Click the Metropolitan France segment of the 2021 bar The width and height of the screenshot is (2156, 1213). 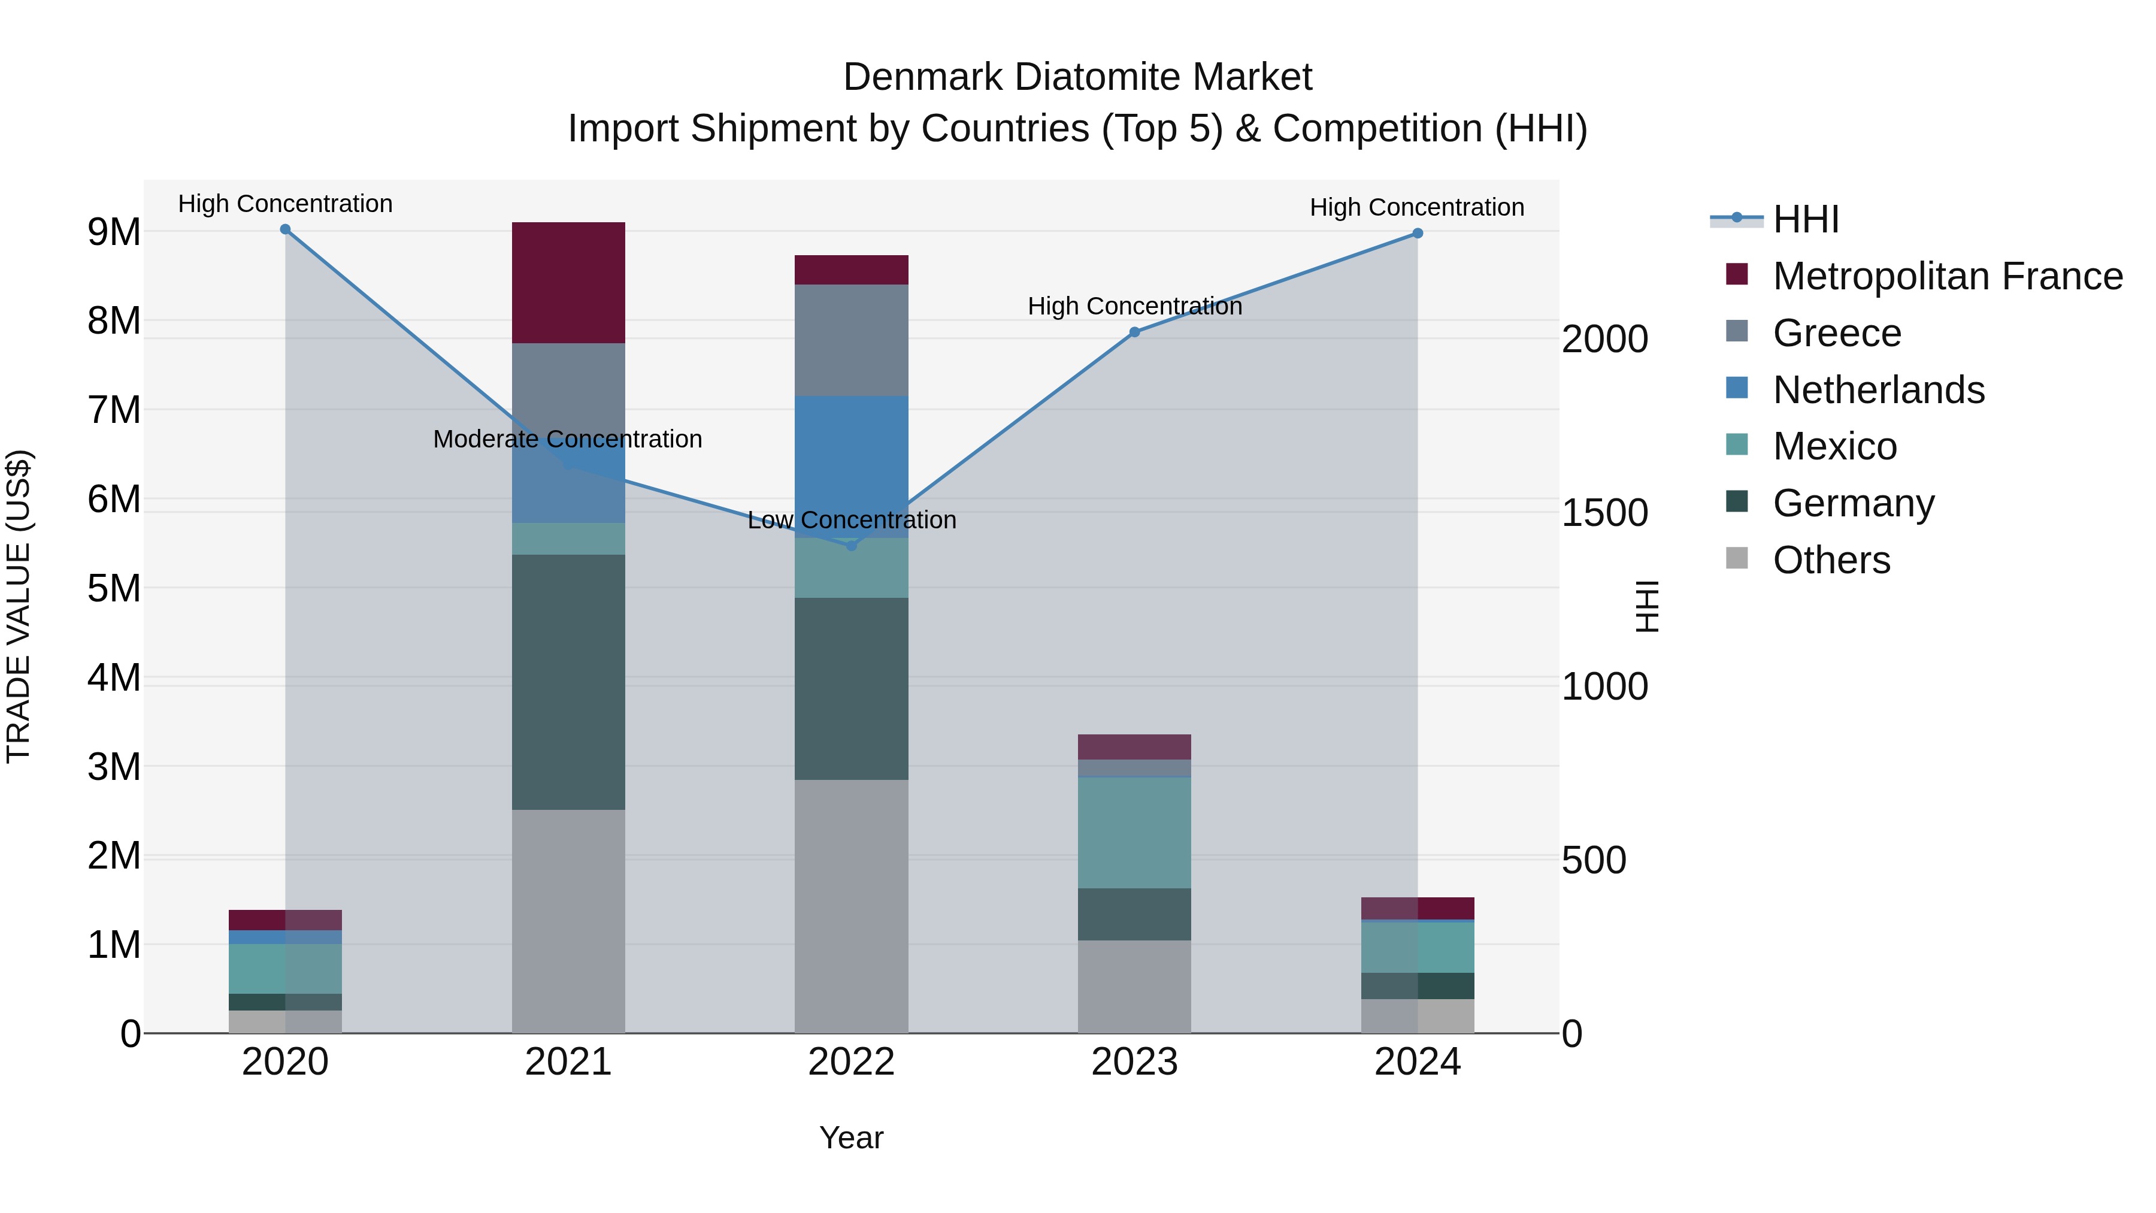coord(568,283)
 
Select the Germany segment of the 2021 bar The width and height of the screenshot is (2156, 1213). coord(568,682)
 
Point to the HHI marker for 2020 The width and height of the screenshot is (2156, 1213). coord(286,229)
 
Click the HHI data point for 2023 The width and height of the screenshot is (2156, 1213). coord(1134,332)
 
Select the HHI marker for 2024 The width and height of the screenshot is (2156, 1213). coord(1417,234)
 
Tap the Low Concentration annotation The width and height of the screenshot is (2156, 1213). coord(851,520)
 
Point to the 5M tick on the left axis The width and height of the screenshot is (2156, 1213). coord(114,588)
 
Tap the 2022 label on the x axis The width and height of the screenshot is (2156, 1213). coord(851,1062)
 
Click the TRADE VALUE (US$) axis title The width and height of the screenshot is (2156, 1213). coord(19,606)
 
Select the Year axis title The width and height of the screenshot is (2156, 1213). coord(851,1138)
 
